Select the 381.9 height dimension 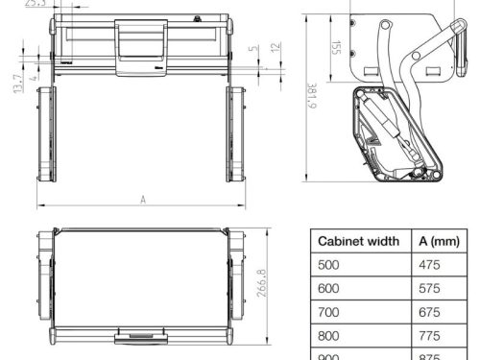[311, 95]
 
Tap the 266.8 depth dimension [261, 284]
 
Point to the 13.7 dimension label [17, 84]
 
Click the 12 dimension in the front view [276, 48]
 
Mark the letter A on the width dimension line [142, 199]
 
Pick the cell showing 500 [329, 265]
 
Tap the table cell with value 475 [430, 265]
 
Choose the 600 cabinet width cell [329, 289]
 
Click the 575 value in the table [430, 289]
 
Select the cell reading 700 [329, 313]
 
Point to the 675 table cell [430, 313]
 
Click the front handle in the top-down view [142, 335]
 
